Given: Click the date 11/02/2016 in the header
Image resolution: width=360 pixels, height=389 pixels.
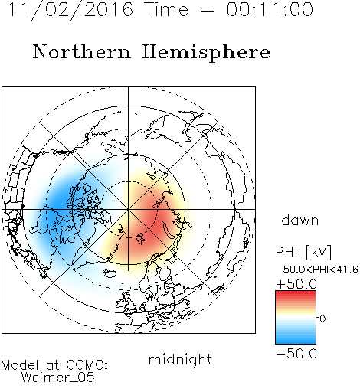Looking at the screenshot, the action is [70, 10].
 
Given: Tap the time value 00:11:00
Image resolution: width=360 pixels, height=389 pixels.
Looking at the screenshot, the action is [270, 9].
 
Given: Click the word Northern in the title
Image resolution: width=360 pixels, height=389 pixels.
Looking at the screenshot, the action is [81, 52].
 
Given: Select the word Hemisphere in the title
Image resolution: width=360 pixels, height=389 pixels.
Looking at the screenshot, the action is [206, 53].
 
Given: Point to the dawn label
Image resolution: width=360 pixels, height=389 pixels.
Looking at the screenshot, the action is [300, 220].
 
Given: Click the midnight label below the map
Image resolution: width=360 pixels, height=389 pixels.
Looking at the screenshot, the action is [180, 360].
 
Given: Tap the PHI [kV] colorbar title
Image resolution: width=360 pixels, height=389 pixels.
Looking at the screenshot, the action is [303, 252].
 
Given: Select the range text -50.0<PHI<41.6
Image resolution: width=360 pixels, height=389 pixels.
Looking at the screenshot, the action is [317, 270].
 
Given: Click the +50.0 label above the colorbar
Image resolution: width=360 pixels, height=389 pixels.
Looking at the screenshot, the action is [296, 284].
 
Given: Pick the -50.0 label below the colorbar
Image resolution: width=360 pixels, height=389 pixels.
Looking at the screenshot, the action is [296, 354].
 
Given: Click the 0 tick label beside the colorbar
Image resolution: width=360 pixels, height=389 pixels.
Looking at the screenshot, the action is [322, 319].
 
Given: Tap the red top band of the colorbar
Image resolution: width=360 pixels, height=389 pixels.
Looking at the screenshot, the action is [296, 294].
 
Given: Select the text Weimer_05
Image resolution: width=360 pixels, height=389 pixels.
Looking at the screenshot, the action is [57, 377].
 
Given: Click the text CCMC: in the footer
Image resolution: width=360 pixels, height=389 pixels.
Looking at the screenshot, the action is [87, 365].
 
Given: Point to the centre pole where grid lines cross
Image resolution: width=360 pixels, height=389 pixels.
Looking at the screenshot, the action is [129, 209].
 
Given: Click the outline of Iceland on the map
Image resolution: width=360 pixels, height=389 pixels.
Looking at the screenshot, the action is [110, 273].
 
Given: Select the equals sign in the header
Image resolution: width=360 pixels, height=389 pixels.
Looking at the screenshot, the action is [207, 10].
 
